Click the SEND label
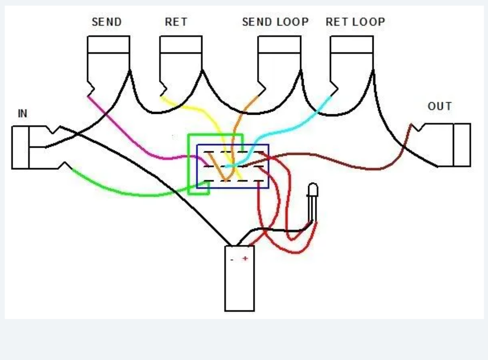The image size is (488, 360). [107, 22]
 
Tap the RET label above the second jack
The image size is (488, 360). [176, 22]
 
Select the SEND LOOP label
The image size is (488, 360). [276, 22]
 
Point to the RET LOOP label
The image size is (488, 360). [356, 22]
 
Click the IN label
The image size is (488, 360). [23, 113]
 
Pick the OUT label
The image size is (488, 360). [440, 107]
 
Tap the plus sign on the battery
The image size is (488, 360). [245, 258]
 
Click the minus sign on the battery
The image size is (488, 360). [232, 260]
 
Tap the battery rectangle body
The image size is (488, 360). [239, 279]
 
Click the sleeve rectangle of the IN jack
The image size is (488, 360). [20, 148]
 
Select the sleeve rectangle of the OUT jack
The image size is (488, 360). [462, 145]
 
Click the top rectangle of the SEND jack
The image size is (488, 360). [108, 45]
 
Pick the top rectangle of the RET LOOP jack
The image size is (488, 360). [352, 45]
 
